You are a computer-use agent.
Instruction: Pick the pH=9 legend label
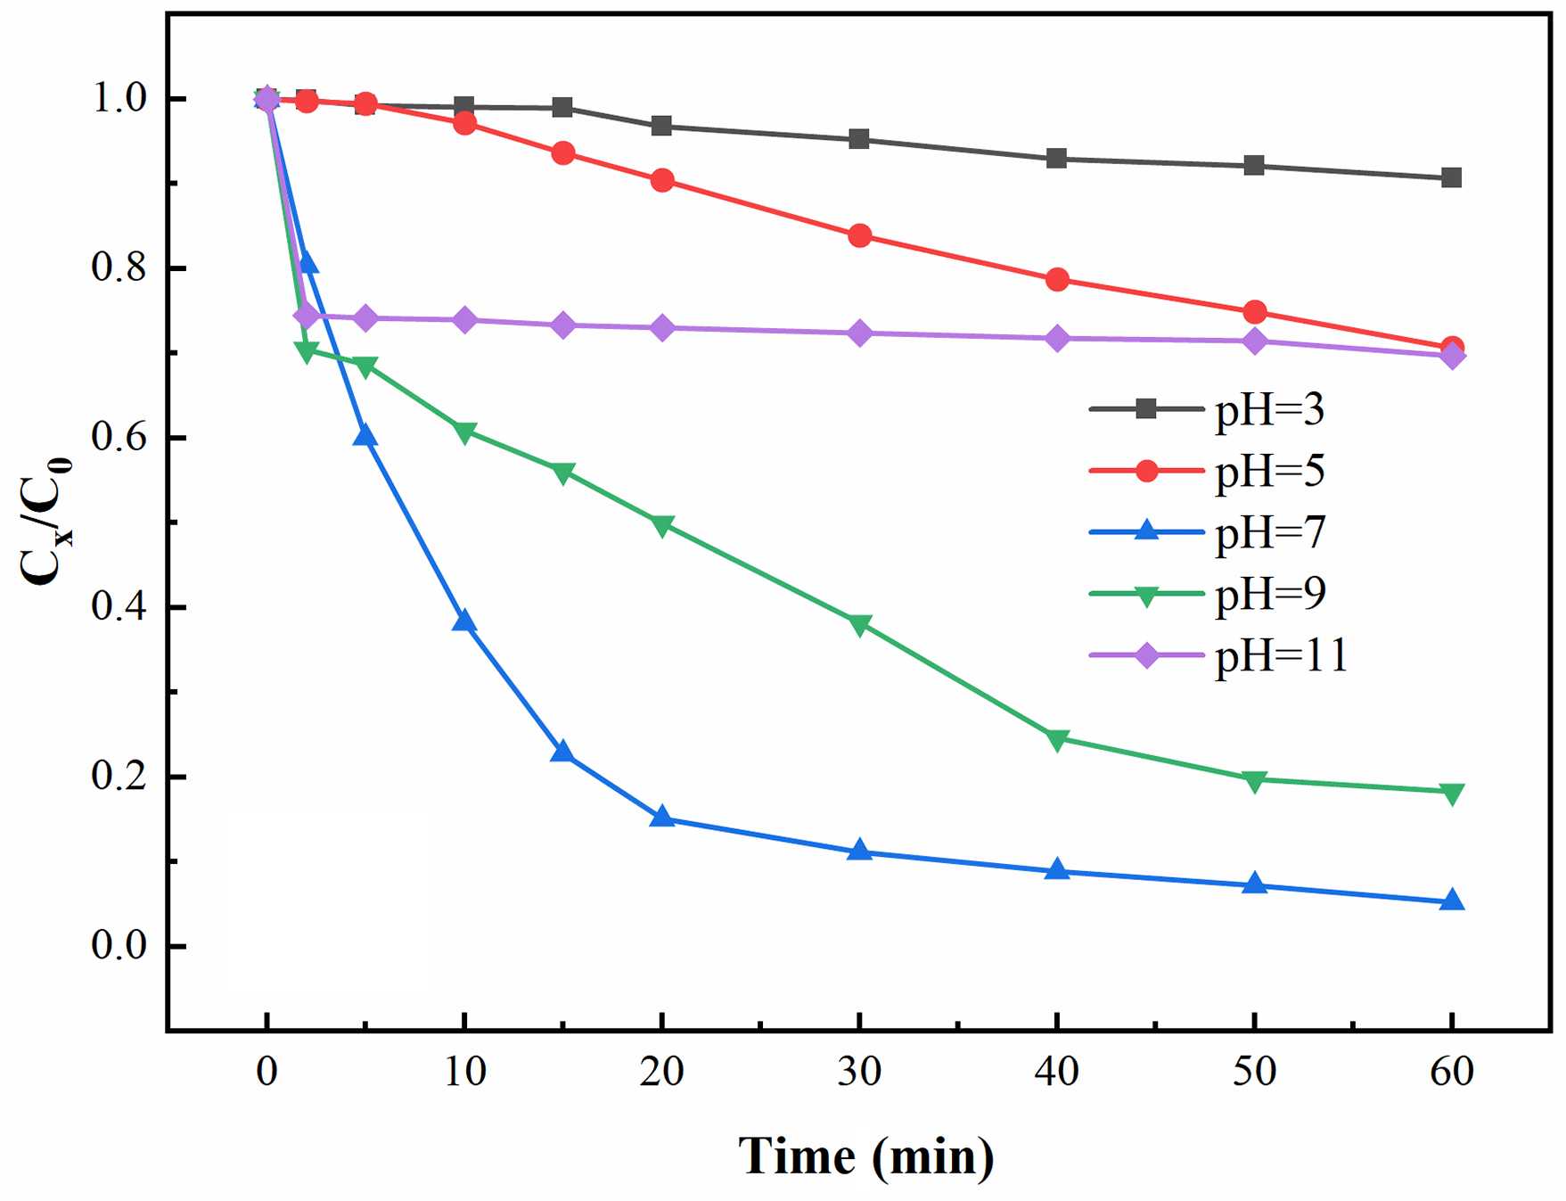[x=1269, y=594]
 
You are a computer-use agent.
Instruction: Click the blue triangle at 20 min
[x=661, y=816]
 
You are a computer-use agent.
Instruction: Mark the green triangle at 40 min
[x=1057, y=740]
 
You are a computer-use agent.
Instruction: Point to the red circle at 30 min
[x=859, y=236]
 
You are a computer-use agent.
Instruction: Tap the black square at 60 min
[x=1452, y=177]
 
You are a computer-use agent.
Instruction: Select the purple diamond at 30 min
[x=859, y=333]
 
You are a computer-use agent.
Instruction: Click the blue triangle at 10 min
[x=463, y=621]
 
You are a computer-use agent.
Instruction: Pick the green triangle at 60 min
[x=1452, y=794]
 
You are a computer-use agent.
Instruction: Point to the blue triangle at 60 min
[x=1452, y=901]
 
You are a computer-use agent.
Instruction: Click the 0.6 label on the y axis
[x=119, y=438]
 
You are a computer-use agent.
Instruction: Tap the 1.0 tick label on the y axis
[x=119, y=98]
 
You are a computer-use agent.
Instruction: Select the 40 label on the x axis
[x=1057, y=1071]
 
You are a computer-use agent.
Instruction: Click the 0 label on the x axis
[x=266, y=1071]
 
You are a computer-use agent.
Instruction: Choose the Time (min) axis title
[x=865, y=1156]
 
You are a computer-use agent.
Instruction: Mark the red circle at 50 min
[x=1255, y=312]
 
